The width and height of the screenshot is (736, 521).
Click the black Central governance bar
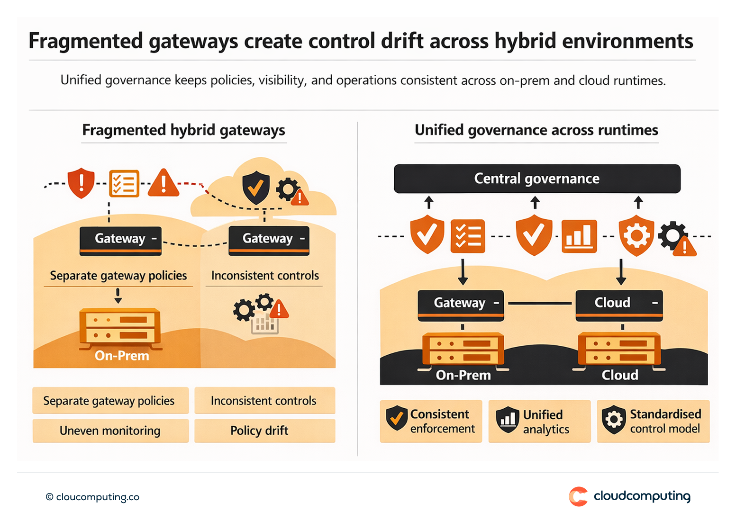(x=537, y=179)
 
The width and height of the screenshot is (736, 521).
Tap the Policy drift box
(x=264, y=431)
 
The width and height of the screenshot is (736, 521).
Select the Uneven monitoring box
(x=110, y=431)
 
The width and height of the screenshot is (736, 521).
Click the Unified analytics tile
(x=539, y=421)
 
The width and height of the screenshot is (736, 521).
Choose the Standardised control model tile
(x=653, y=421)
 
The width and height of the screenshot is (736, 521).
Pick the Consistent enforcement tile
(x=431, y=421)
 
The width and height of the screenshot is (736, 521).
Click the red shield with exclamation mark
(x=81, y=182)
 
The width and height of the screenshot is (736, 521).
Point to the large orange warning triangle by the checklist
(x=164, y=183)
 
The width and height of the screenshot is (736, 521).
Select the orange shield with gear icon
(x=636, y=235)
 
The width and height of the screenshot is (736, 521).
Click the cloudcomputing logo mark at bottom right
(x=578, y=496)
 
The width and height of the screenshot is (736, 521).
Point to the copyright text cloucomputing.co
(x=92, y=497)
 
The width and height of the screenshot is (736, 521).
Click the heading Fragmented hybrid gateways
(x=183, y=130)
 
